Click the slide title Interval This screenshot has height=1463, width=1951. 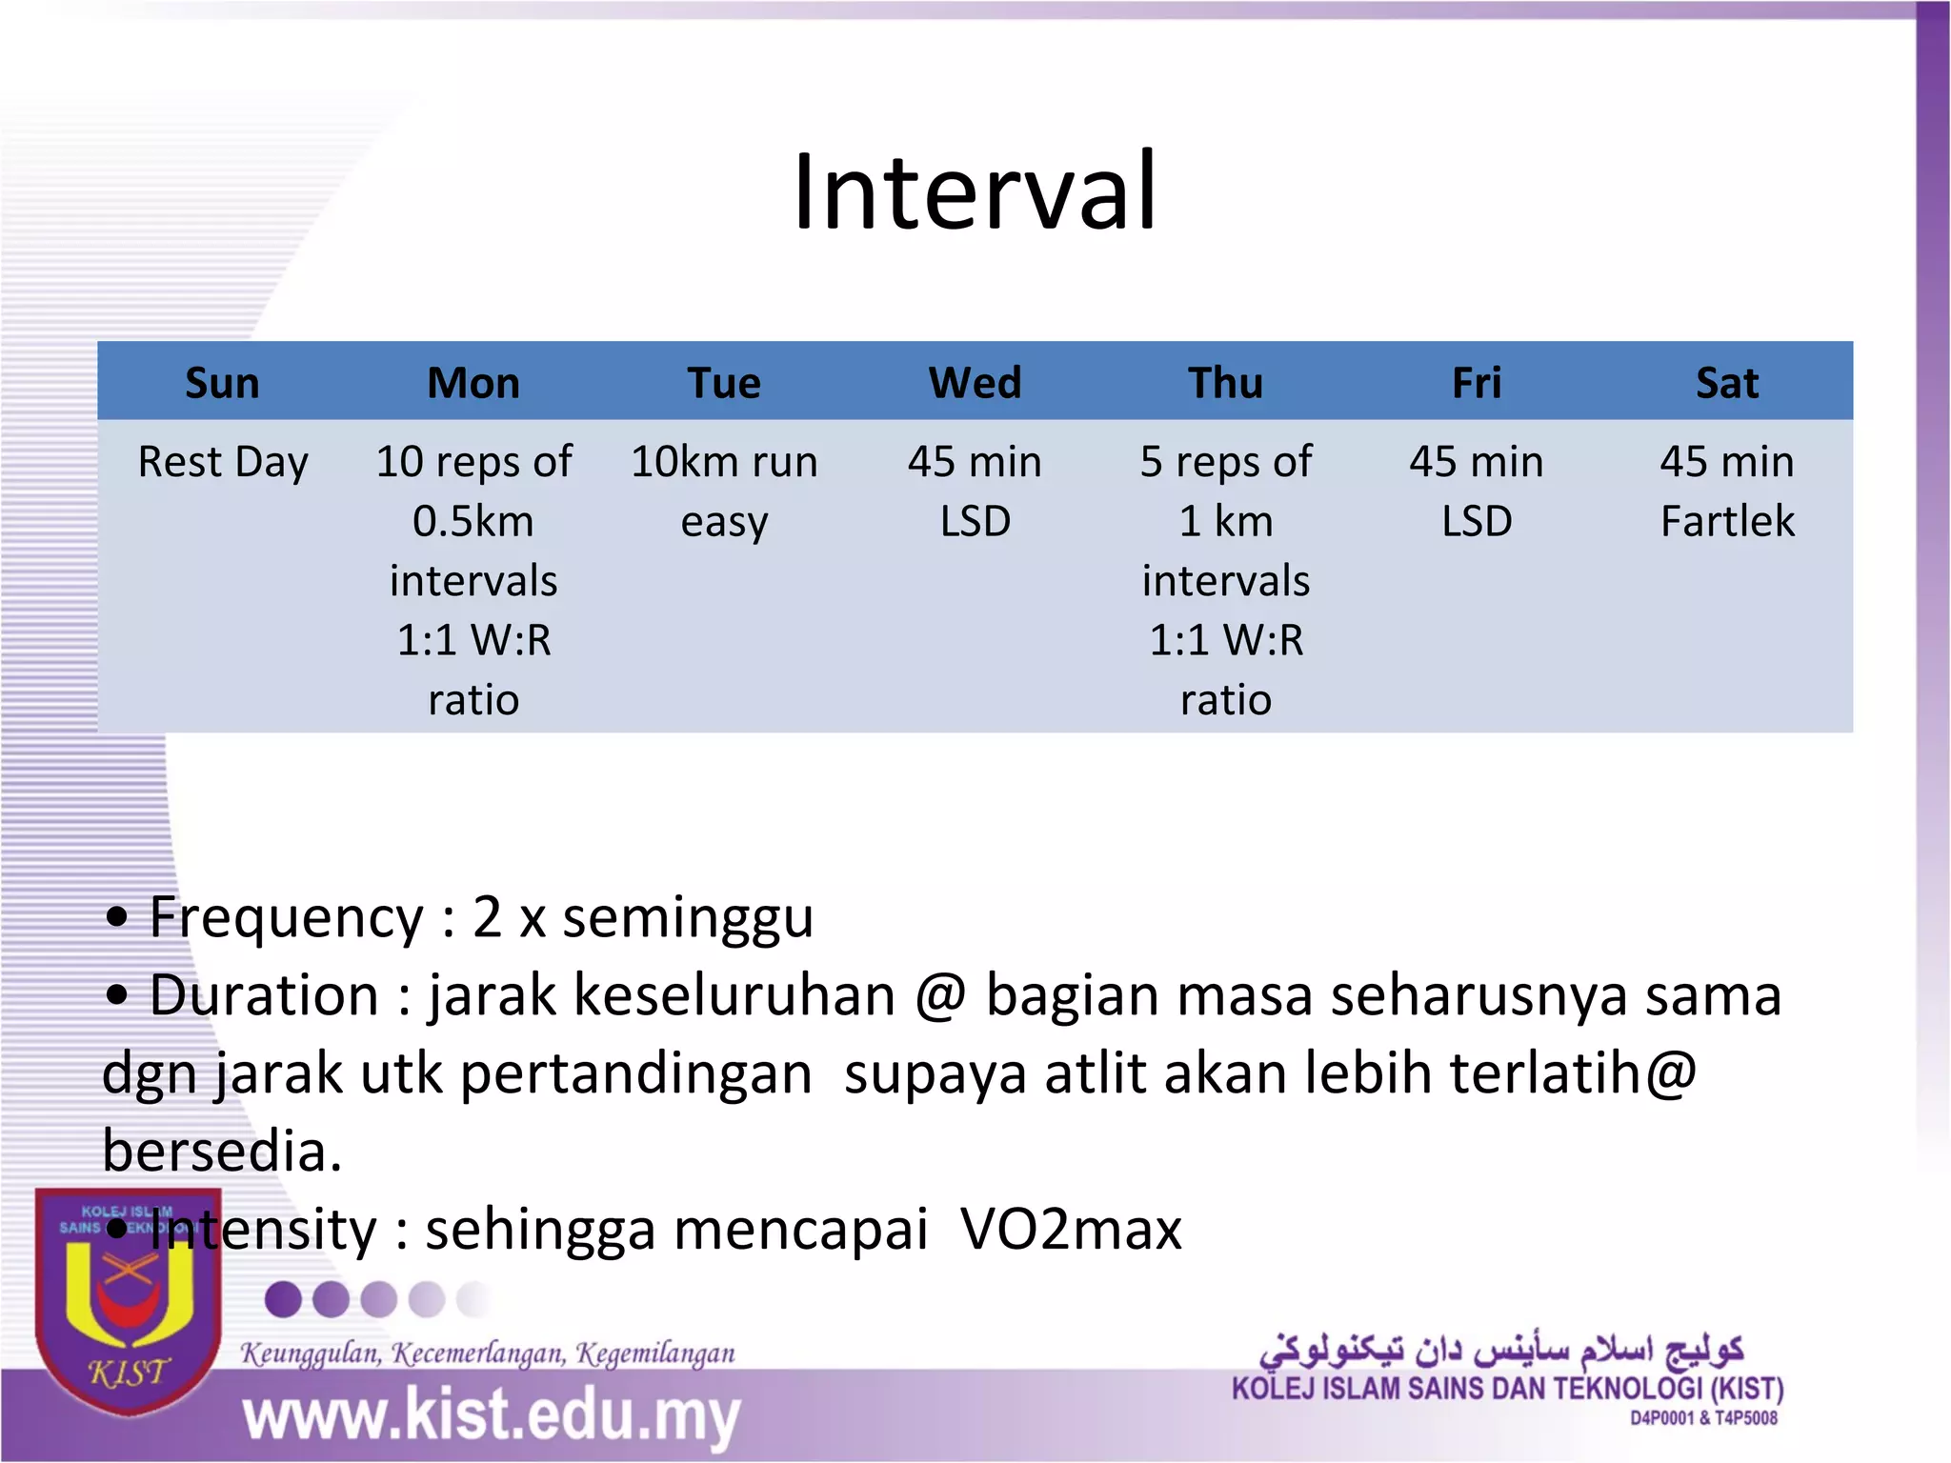pos(975,192)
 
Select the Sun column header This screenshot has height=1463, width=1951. pos(222,384)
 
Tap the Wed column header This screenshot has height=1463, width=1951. pos(975,384)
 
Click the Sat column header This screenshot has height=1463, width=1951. pos(1726,384)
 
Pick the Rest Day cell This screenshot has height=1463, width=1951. pos(223,463)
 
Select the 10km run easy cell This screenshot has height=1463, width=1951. pos(724,491)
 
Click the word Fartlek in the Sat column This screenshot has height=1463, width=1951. pos(1726,522)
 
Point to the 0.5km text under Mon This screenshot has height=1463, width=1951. pos(473,522)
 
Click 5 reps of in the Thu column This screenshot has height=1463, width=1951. pos(1225,463)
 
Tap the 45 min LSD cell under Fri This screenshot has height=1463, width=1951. pos(1476,491)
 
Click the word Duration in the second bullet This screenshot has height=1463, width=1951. pos(265,996)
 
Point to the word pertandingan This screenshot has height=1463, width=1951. pos(635,1074)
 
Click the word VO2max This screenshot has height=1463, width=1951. pos(1071,1230)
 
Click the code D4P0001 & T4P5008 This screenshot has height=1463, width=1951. pos(1703,1419)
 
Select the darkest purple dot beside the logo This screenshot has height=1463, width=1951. pos(283,1299)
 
